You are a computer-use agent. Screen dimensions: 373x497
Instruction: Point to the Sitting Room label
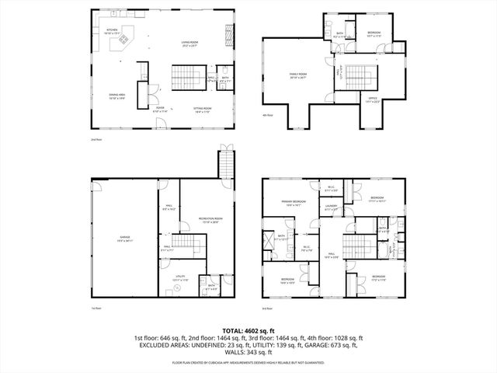[202, 110]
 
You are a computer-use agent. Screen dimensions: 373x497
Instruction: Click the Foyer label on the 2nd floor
[160, 110]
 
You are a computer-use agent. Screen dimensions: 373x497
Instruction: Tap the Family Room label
[299, 76]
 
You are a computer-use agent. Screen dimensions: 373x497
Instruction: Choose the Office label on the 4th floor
[372, 100]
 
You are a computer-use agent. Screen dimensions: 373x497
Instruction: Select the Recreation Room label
[205, 221]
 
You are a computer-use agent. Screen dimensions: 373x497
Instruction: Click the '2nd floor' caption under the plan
[97, 139]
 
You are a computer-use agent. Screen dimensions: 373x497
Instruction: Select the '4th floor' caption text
[269, 115]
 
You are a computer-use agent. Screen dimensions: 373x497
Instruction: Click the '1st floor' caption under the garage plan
[97, 309]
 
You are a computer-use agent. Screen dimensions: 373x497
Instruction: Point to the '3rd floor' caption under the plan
[269, 309]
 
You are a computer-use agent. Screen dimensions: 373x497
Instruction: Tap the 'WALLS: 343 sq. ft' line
[248, 354]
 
